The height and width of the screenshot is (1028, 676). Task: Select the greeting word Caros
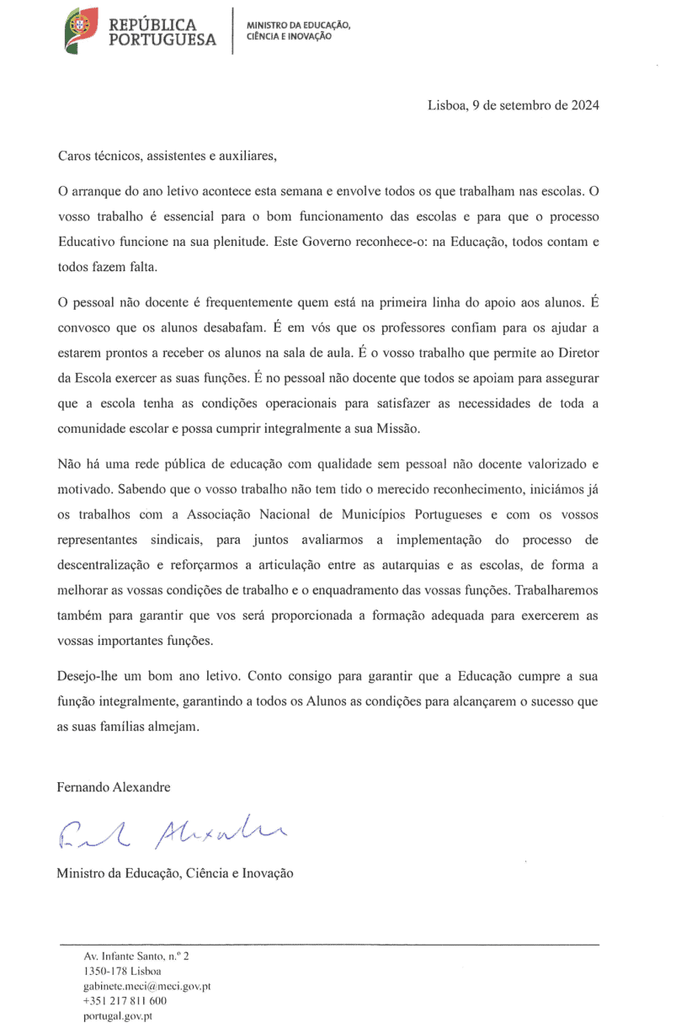click(x=74, y=155)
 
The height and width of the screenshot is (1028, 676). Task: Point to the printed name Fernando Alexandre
click(x=114, y=787)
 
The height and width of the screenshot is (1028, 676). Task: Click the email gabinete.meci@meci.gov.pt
click(x=146, y=986)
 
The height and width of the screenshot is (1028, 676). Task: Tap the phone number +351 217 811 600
click(x=125, y=1001)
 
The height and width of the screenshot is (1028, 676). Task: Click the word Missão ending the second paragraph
click(x=396, y=428)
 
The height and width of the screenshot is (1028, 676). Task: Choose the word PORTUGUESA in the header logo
click(x=162, y=40)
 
